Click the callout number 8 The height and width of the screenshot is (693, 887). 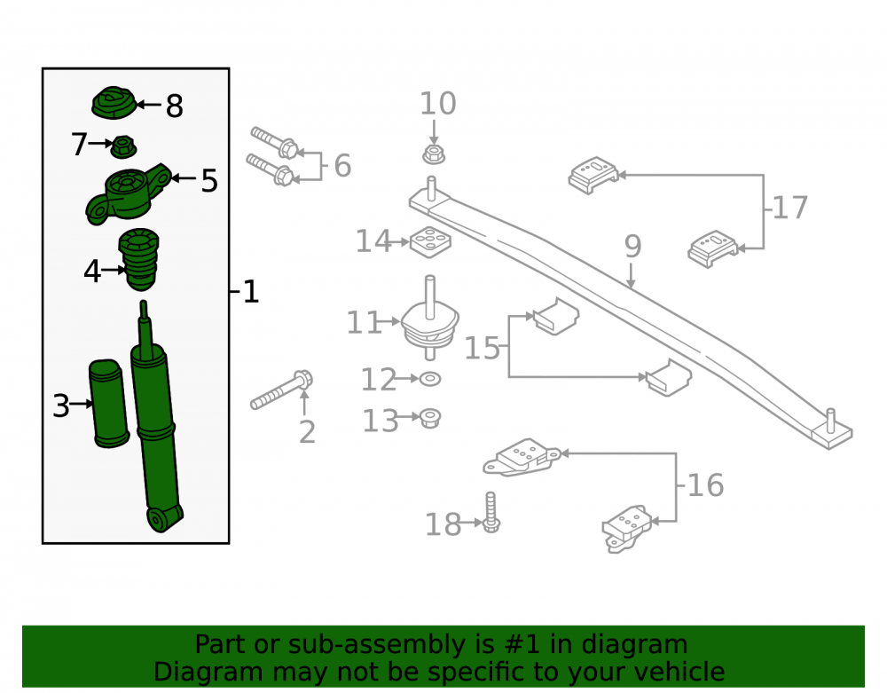(x=174, y=106)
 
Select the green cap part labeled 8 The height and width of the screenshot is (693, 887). (x=114, y=103)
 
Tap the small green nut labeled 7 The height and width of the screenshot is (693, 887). (x=122, y=147)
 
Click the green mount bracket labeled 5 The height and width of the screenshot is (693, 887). (x=128, y=194)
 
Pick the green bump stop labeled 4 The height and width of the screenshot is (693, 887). (x=138, y=258)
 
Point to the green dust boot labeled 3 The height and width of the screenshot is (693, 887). (x=108, y=404)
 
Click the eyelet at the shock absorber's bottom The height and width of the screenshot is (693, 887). (x=160, y=519)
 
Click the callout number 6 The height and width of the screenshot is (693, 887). (x=342, y=166)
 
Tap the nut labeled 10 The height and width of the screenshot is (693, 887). (x=434, y=154)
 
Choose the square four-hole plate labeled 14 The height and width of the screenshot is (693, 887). (x=430, y=242)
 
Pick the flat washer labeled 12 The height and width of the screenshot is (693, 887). (x=430, y=379)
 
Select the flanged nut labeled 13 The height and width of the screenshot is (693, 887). (x=430, y=419)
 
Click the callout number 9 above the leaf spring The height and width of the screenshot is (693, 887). (x=633, y=247)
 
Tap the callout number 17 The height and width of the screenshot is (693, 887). (x=790, y=208)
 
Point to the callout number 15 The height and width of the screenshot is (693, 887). (x=482, y=347)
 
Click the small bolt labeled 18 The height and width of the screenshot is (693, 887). (x=491, y=512)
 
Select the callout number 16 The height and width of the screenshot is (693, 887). (x=705, y=485)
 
